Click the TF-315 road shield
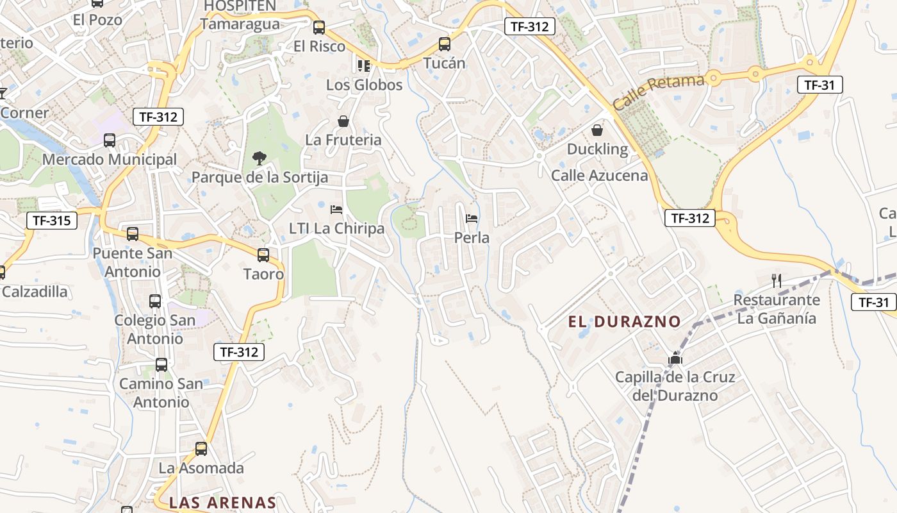point(52,221)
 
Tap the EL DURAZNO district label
point(624,321)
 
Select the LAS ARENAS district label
point(222,503)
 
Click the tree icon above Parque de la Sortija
point(259,158)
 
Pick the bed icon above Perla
point(472,219)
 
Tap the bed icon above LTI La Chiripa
point(336,209)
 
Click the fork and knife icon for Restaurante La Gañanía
point(777,280)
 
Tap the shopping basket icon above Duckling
point(597,130)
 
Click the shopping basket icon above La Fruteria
point(343,121)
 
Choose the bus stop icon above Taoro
point(263,255)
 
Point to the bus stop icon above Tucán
point(444,44)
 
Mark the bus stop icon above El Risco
point(318,28)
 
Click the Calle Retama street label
point(658,91)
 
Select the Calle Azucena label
point(600,175)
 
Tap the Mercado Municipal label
point(110,159)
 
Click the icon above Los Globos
point(364,65)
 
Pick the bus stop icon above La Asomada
point(201,449)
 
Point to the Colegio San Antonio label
point(155,329)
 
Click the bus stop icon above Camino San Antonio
point(161,365)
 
